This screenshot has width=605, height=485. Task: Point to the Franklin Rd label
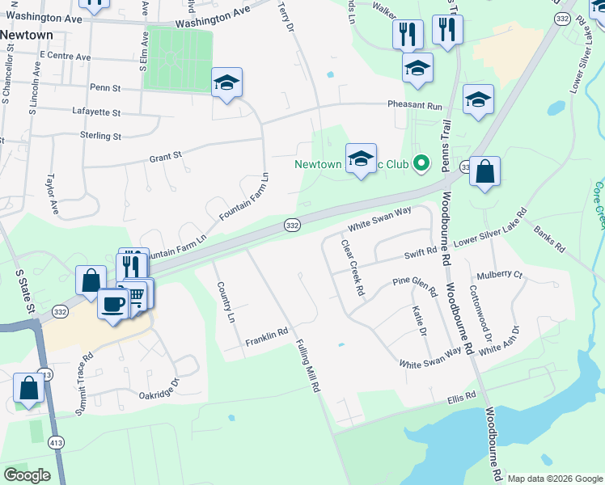tap(267, 339)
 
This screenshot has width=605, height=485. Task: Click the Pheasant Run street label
tap(415, 106)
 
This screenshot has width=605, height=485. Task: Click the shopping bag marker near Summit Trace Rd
tap(28, 387)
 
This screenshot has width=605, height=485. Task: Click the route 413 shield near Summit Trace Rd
tap(45, 375)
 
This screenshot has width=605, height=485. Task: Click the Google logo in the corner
tap(27, 475)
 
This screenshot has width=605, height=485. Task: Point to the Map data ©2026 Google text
tap(555, 479)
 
